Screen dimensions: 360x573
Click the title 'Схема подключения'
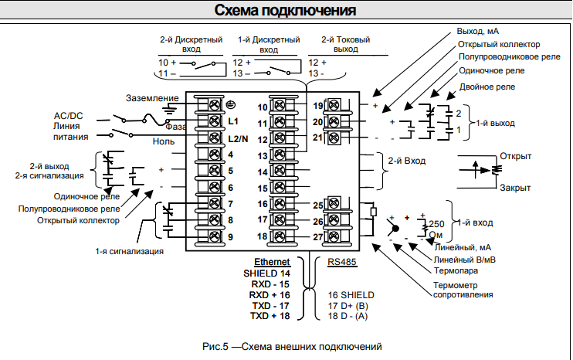point(285,10)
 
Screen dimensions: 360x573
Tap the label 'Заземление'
point(152,98)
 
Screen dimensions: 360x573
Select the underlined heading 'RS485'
point(342,263)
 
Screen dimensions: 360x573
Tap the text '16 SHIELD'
point(351,295)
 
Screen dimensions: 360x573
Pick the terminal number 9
point(230,236)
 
